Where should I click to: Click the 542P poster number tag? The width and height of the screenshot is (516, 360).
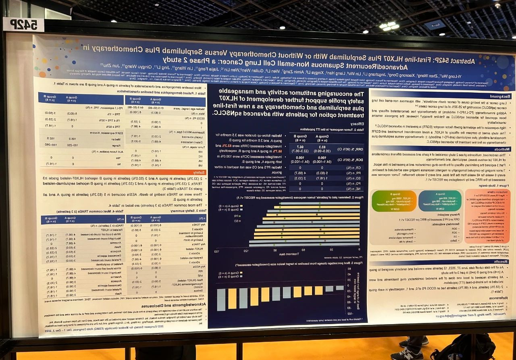click(24, 25)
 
